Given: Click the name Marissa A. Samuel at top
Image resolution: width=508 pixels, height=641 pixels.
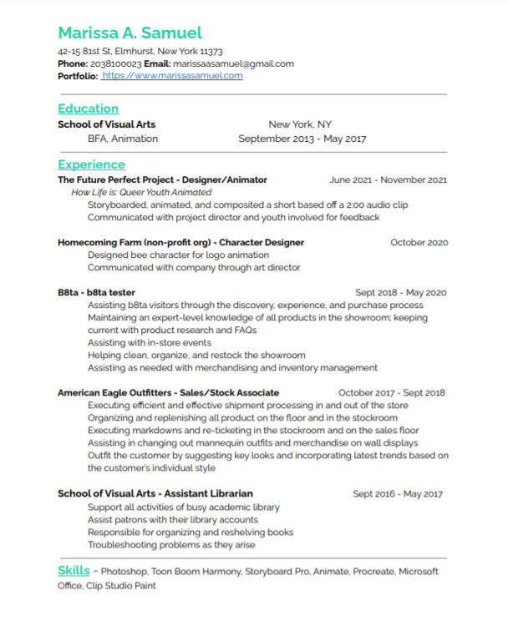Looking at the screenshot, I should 130,33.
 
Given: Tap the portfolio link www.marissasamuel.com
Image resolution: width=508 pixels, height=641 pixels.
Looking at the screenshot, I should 172,76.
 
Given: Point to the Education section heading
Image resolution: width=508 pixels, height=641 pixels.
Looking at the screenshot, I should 88,109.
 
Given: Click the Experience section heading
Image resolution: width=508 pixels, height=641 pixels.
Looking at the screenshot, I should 91,164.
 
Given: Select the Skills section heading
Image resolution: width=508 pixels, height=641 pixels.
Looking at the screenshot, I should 74,571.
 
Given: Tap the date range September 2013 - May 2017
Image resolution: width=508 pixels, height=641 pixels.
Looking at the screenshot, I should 302,139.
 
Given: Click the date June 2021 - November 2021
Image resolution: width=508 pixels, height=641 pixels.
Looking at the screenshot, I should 389,179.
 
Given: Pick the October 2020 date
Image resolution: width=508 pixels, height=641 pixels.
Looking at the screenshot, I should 419,242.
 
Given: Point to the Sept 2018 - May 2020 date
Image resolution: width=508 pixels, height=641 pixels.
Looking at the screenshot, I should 401,293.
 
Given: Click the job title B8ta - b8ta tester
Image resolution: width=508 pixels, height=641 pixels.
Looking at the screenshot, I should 96,293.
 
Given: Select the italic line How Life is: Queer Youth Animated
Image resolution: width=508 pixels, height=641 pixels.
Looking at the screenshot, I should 141,192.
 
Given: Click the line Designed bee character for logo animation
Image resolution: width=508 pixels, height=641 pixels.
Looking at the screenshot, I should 178,255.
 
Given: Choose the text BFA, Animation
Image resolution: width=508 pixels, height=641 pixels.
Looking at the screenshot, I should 122,139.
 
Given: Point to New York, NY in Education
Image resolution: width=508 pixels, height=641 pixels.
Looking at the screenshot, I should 300,124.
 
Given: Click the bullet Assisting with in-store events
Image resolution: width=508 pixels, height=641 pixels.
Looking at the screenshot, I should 150,342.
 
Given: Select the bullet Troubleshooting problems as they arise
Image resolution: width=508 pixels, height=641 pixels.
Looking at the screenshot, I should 171,544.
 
